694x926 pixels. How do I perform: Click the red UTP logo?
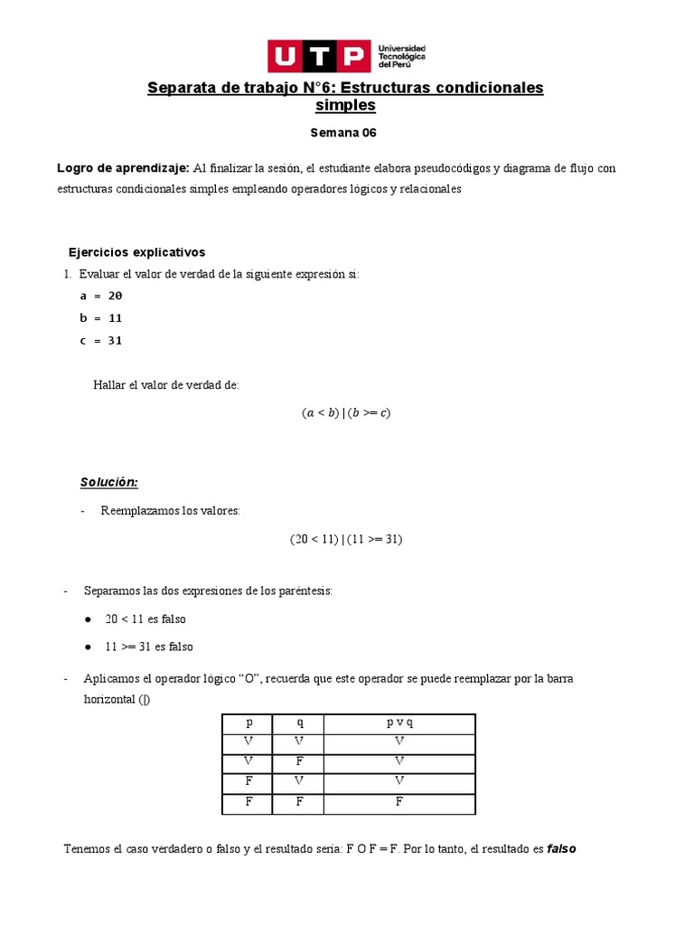(319, 56)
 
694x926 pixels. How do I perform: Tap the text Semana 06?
(342, 133)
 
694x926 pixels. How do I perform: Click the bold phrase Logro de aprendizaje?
(123, 168)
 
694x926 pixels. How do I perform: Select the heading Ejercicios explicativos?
(137, 252)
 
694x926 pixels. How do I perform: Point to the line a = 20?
(100, 296)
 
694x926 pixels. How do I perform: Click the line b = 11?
(100, 318)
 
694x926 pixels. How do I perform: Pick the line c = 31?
(100, 341)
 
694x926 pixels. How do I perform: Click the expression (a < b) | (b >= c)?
(346, 413)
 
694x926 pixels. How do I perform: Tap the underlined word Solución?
(109, 482)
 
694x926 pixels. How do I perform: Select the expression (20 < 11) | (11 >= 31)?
(346, 539)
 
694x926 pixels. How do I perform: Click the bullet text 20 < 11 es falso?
(145, 619)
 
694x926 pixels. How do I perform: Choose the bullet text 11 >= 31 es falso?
(149, 647)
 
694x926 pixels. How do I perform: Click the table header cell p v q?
(399, 723)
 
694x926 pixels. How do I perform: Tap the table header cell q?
(298, 723)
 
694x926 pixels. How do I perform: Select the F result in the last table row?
(399, 802)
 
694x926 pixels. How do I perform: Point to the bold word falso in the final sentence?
(561, 849)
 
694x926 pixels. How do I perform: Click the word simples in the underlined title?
(345, 106)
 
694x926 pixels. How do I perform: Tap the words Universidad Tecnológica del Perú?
(402, 56)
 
